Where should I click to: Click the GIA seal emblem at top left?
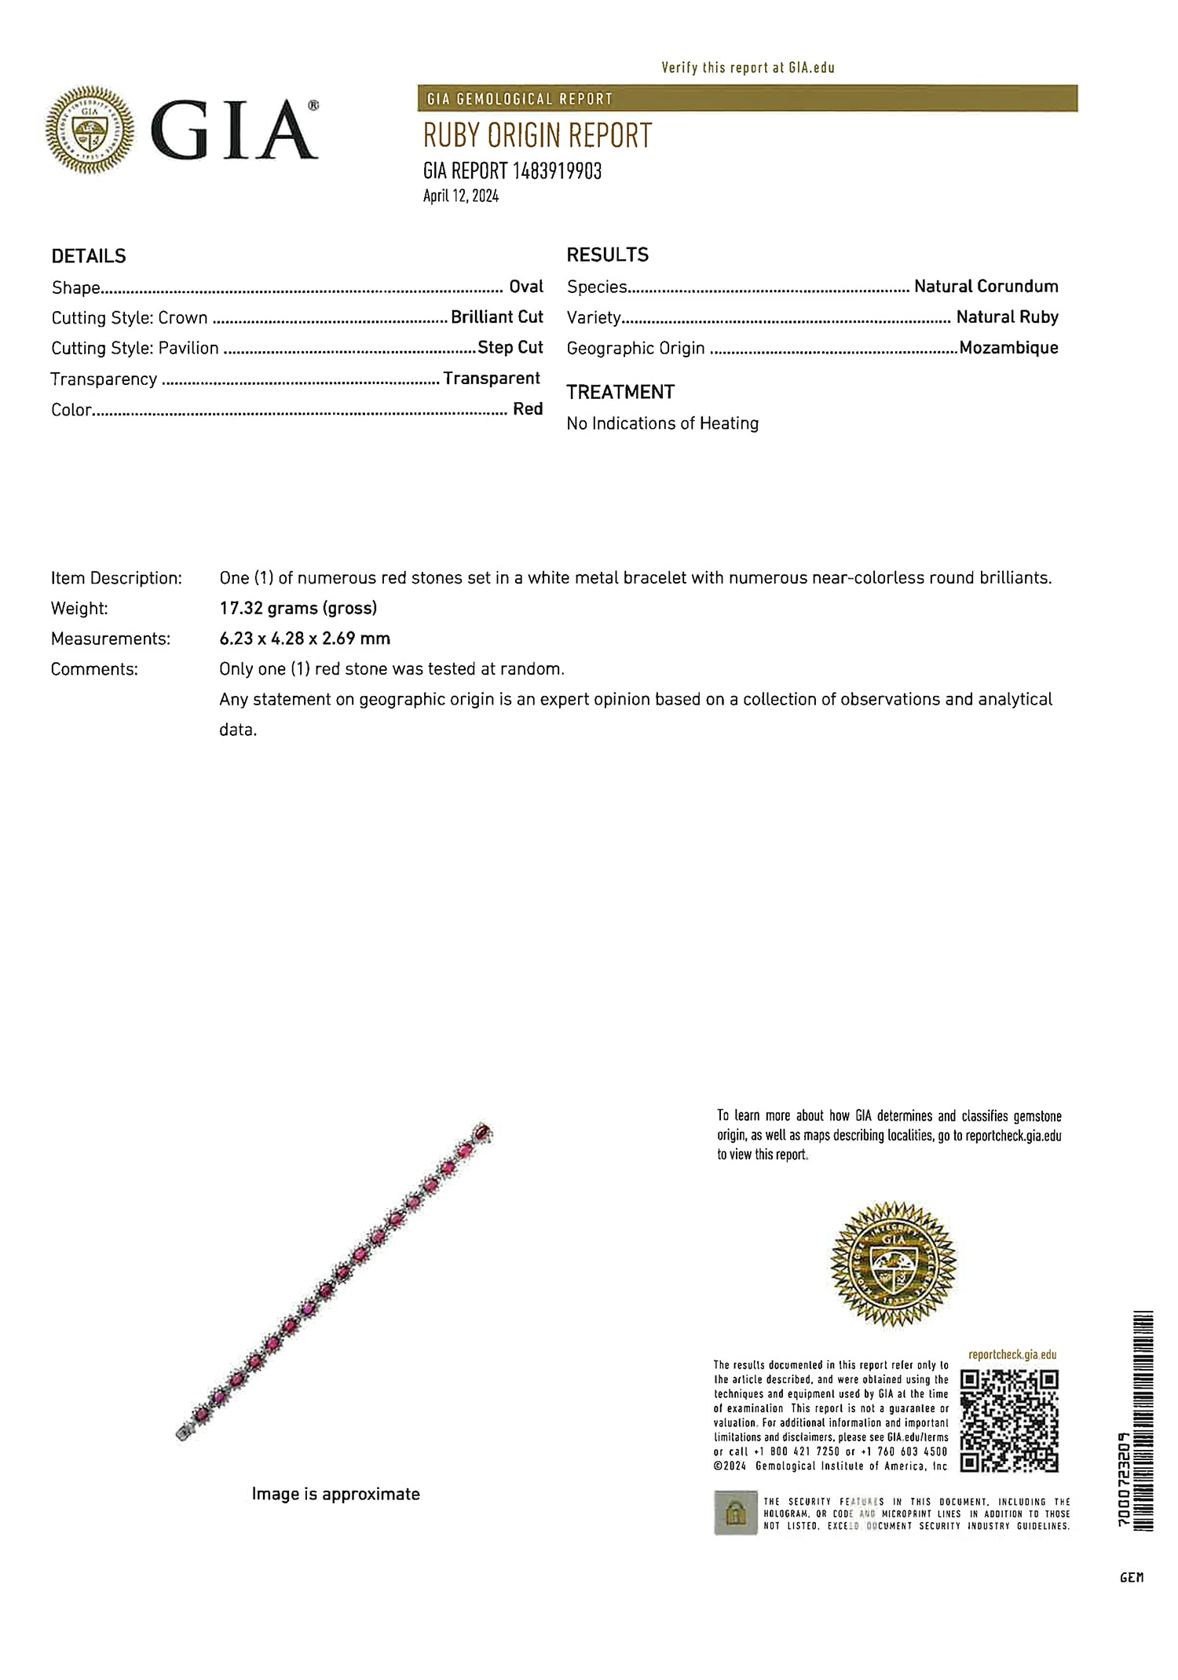90,130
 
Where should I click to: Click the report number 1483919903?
557,171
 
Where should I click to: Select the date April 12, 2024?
461,196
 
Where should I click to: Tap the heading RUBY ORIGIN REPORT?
538,136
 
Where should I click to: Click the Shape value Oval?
525,287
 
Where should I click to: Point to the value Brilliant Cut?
496,317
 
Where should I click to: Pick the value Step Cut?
510,347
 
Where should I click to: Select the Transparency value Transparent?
492,379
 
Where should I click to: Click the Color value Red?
528,409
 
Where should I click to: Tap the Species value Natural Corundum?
986,287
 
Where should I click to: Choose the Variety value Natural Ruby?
1007,317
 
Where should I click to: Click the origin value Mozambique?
1008,348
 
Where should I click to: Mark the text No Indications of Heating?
663,423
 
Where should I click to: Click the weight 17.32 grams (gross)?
298,608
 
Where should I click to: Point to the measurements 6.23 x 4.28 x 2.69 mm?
305,639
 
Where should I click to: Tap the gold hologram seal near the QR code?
893,1264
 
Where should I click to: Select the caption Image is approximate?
336,1494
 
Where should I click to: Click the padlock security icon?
736,1513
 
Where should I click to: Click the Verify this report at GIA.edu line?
748,68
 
